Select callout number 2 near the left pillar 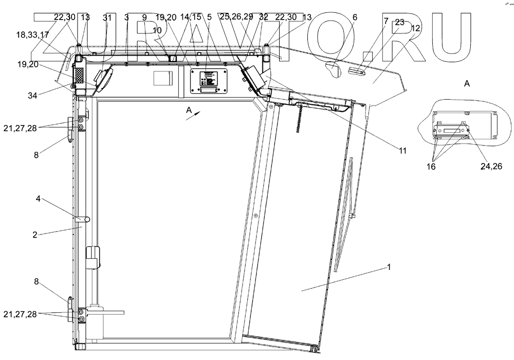click(35, 235)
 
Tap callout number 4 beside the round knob click(38, 198)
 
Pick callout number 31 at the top click(106, 17)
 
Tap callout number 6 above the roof click(354, 17)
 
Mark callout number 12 click(415, 29)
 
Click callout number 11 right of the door click(402, 151)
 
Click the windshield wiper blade click(343, 216)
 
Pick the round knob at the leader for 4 click(87, 220)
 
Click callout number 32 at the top click(264, 17)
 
